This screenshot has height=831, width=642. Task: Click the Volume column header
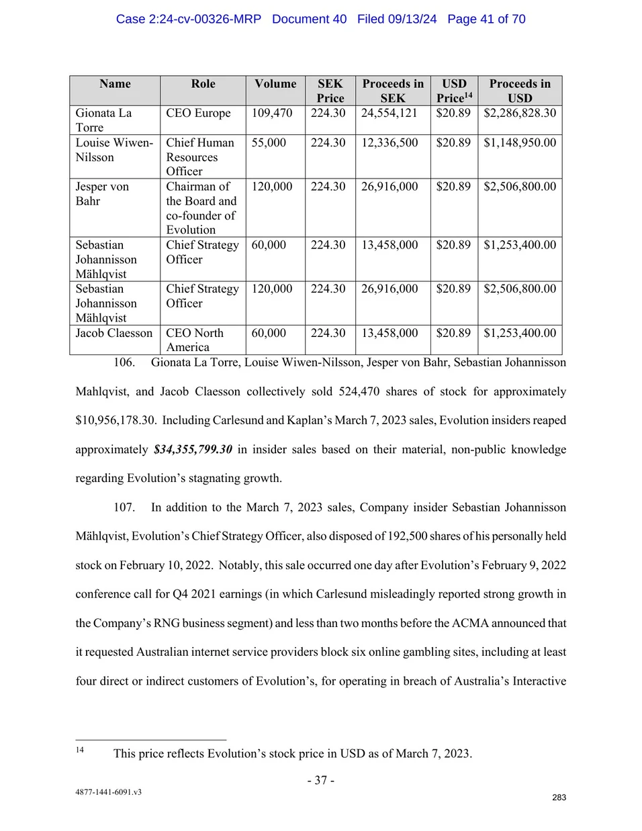275,84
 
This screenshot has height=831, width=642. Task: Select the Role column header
203,84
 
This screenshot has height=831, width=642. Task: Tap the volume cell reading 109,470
272,113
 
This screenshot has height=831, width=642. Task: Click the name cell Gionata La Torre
103,120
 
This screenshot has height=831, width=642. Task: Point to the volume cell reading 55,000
269,142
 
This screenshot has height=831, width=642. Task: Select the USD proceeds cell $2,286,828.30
520,113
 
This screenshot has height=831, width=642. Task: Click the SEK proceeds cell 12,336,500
389,142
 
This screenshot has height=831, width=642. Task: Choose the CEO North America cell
195,340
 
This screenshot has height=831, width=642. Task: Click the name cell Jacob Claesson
114,333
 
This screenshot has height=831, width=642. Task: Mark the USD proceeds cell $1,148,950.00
520,142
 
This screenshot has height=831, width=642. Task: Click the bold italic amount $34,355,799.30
193,449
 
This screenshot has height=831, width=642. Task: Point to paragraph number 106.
124,362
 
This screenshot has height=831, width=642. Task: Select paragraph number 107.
124,507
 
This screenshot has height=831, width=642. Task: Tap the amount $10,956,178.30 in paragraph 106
116,420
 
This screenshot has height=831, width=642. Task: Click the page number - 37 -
321,780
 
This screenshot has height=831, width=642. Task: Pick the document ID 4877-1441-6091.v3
108,792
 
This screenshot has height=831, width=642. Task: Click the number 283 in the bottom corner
559,797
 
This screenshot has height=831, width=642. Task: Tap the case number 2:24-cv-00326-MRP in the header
189,19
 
